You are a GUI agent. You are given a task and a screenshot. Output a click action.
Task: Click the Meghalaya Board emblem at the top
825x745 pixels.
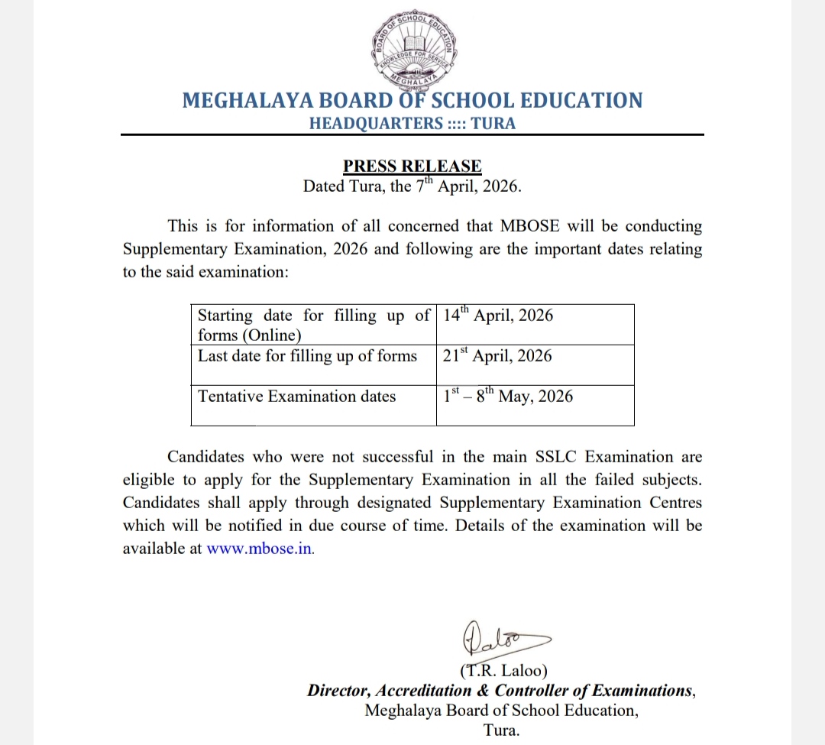tap(412, 47)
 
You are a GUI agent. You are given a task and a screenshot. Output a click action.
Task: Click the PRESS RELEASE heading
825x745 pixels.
tap(412, 166)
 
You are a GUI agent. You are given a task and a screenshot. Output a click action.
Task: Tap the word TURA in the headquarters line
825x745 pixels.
tap(493, 123)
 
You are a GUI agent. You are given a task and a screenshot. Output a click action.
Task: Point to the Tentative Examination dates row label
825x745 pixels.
tap(297, 396)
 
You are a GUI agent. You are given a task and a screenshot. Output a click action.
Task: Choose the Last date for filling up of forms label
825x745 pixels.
tap(308, 356)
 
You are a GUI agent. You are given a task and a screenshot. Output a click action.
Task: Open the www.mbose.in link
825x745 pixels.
tap(260, 549)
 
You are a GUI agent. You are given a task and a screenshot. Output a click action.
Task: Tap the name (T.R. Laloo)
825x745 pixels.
tap(504, 672)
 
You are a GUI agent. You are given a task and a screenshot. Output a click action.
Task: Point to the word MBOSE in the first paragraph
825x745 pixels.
tap(530, 226)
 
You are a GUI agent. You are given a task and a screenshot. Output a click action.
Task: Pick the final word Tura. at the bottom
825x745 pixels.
tap(501, 730)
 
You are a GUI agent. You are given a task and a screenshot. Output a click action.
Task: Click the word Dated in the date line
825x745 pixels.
tap(325, 186)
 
